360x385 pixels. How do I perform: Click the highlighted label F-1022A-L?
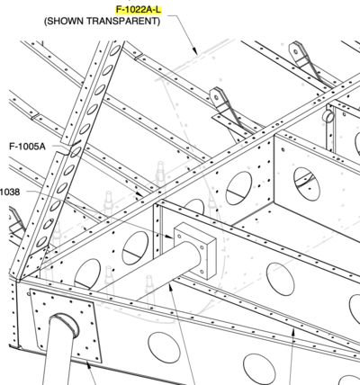(139, 10)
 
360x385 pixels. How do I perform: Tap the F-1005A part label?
(27, 147)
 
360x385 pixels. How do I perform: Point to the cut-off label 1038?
(10, 192)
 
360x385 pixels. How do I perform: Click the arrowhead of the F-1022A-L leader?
(194, 50)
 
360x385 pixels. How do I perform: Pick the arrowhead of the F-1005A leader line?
(140, 194)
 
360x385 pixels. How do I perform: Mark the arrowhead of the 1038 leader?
(169, 237)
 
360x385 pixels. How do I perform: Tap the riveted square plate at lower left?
(66, 326)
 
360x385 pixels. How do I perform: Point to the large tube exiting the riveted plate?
(59, 353)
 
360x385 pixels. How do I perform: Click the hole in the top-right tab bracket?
(295, 51)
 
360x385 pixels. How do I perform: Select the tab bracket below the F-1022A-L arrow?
(227, 110)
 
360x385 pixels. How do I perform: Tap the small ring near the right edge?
(328, 116)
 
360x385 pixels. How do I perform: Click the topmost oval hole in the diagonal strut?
(116, 49)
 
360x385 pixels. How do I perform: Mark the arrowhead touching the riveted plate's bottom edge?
(87, 365)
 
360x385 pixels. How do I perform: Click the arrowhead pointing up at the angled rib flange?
(293, 332)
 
